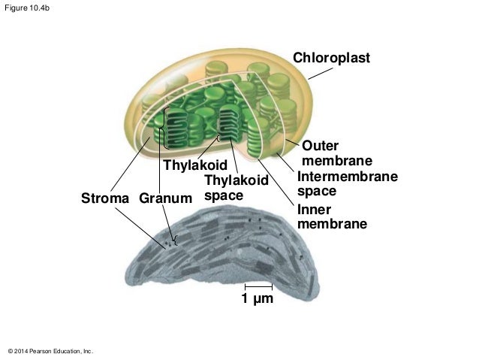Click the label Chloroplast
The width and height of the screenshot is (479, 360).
click(x=331, y=58)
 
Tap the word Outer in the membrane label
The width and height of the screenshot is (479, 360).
click(x=321, y=146)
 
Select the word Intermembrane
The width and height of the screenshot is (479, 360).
click(x=347, y=177)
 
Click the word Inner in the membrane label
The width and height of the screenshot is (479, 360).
click(x=315, y=209)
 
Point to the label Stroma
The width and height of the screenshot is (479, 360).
click(x=106, y=199)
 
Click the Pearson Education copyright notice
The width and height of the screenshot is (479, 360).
click(x=50, y=351)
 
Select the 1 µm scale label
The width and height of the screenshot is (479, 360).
click(x=257, y=301)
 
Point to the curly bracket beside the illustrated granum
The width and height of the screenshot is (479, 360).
click(x=160, y=129)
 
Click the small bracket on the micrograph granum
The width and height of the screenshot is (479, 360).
click(x=176, y=241)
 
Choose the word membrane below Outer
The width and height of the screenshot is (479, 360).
click(x=336, y=161)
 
